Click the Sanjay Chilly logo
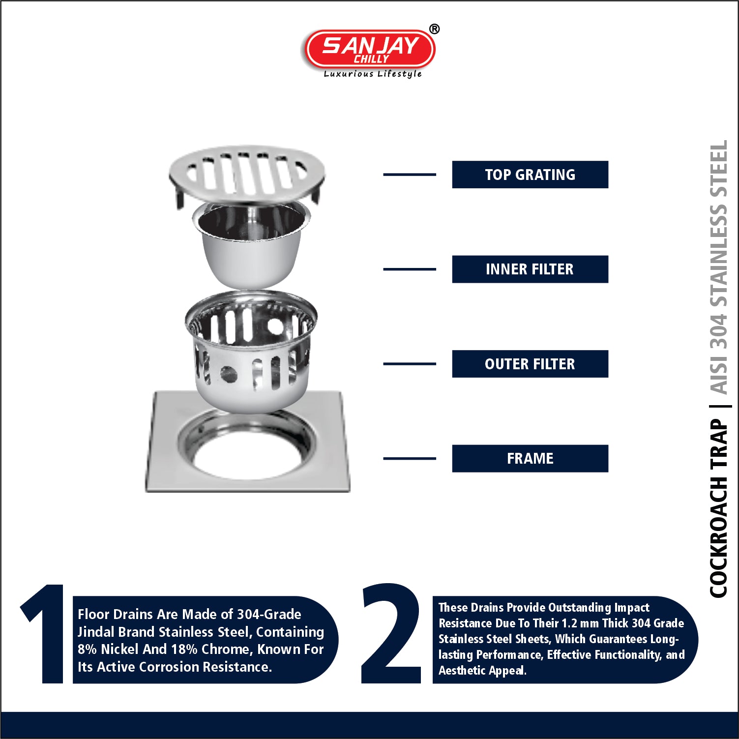[370, 49]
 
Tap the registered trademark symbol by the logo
[434, 30]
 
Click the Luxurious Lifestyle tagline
[373, 74]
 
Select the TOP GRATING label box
[530, 175]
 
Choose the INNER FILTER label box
[530, 269]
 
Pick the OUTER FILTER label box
[530, 364]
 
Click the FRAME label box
[530, 459]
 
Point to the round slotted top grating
[247, 175]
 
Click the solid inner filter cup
[251, 243]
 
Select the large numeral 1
[44, 634]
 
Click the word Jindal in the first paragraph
[96, 632]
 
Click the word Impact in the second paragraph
[632, 608]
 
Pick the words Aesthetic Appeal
[482, 671]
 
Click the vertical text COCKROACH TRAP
[718, 508]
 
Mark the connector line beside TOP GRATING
[410, 175]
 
